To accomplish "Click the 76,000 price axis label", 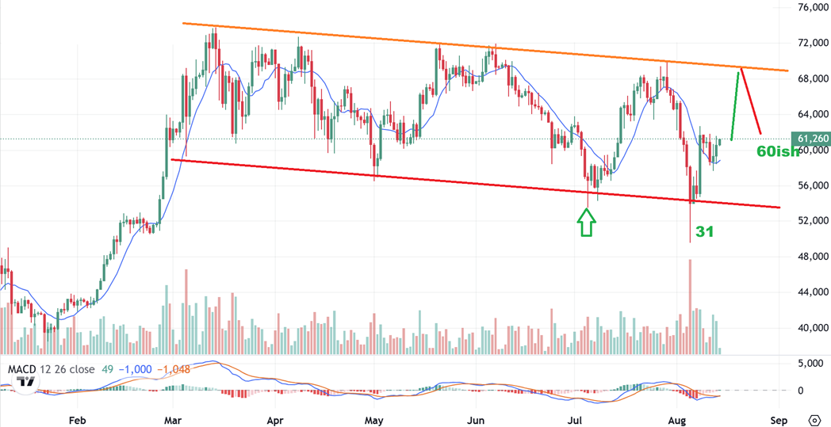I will point(812,8).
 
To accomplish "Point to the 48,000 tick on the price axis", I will point(812,257).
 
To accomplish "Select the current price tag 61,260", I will point(814,139).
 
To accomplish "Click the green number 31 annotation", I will point(705,231).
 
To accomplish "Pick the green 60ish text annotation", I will point(777,151).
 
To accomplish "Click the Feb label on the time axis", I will point(77,419).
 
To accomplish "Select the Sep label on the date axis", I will point(779,419).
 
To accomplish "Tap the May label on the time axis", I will point(374,419).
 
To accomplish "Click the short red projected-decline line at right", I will point(751,101).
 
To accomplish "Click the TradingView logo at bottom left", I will point(25,382).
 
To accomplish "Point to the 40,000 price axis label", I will point(812,328).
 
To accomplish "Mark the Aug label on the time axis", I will point(676,419).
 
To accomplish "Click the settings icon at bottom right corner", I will point(814,419).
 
